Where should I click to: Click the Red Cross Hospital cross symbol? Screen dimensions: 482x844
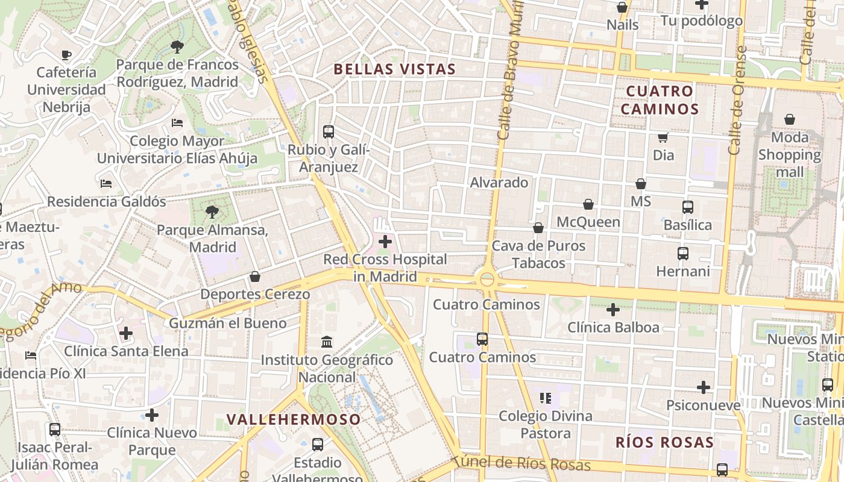[x=385, y=242]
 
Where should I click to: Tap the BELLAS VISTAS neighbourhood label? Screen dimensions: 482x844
[x=394, y=69]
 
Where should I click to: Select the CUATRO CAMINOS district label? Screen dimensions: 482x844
[x=660, y=100]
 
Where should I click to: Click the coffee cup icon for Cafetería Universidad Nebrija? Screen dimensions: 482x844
[x=66, y=55]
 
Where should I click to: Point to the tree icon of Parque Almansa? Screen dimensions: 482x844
[x=212, y=211]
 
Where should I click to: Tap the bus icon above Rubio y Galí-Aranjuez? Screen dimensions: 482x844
[x=329, y=131]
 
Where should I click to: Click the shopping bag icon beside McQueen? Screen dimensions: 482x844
[x=588, y=205]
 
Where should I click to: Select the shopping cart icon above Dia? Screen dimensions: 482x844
[x=663, y=137]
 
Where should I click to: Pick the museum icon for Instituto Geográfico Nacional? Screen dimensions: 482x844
[x=327, y=342]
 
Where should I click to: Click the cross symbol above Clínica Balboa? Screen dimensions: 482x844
[x=613, y=310]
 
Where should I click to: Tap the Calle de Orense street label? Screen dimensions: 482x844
[x=737, y=101]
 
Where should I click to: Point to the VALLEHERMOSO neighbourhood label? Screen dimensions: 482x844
[x=294, y=419]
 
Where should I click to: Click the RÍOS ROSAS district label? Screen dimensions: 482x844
[x=664, y=443]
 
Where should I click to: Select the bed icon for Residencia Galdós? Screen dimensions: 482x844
[x=106, y=183]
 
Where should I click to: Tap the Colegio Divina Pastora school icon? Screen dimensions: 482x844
[x=546, y=398]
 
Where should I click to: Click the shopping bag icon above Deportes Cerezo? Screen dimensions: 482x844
[x=255, y=277]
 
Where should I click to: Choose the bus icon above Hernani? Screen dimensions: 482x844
[x=683, y=254]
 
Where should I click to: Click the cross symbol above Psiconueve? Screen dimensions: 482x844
[x=703, y=387]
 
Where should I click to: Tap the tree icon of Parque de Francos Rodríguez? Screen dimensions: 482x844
[x=177, y=46]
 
